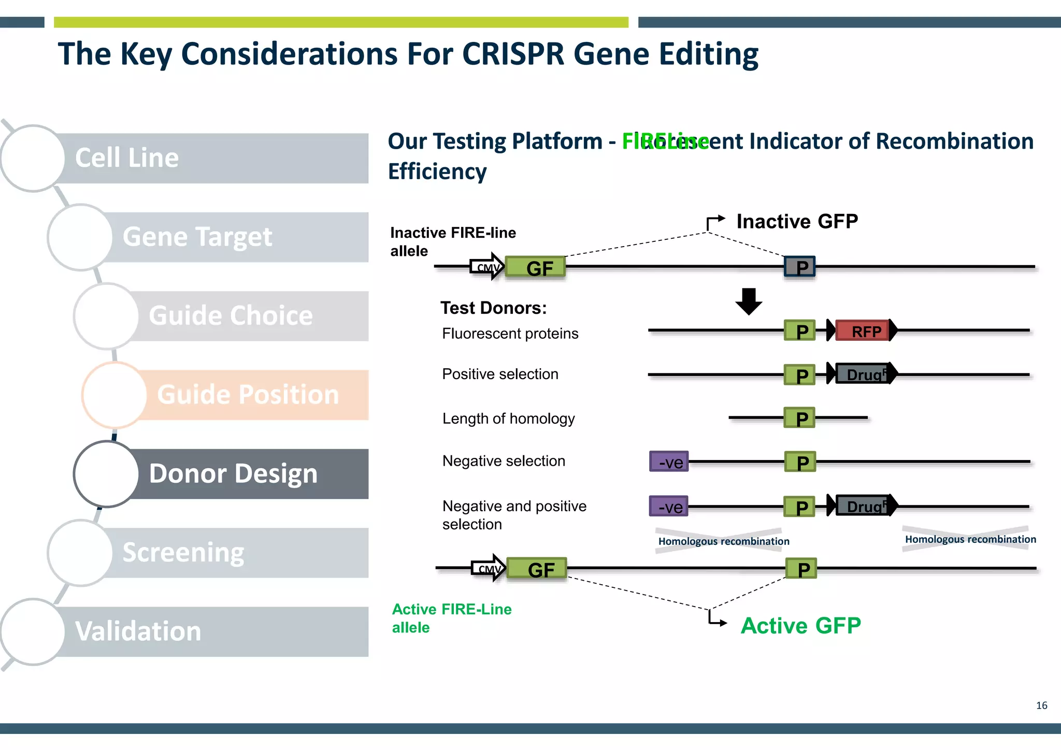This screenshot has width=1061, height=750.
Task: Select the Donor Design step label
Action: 233,474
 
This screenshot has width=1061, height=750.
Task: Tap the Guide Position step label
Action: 248,395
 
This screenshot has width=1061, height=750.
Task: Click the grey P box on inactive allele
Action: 799,267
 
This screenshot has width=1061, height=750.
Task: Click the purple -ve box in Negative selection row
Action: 669,461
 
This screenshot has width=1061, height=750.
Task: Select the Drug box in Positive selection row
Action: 864,374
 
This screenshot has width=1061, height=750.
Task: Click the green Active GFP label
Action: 800,626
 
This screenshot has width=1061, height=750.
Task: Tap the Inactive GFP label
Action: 797,222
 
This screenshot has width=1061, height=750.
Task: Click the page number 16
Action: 1041,705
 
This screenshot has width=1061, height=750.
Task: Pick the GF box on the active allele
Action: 537,569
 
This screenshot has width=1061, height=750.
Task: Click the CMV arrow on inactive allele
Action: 487,267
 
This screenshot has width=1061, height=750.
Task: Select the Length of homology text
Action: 508,419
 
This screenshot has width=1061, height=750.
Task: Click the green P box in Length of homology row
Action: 799,418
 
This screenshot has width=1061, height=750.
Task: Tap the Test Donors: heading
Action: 493,308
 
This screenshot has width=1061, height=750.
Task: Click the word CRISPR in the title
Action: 512,54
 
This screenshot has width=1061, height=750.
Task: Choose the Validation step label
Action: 138,631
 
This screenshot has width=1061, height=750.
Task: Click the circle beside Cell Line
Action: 33,158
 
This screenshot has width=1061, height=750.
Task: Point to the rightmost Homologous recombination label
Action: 970,539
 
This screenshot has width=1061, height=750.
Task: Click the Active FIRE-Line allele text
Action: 451,618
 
